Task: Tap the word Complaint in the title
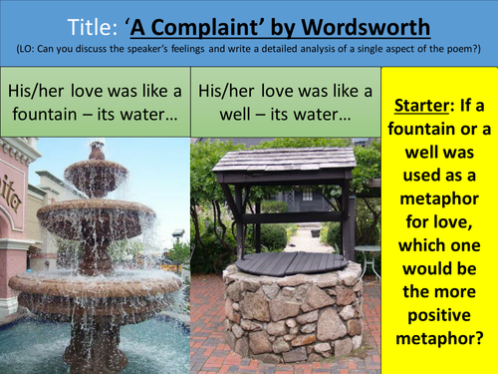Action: pos(224,24)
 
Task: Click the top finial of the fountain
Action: pos(97,150)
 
